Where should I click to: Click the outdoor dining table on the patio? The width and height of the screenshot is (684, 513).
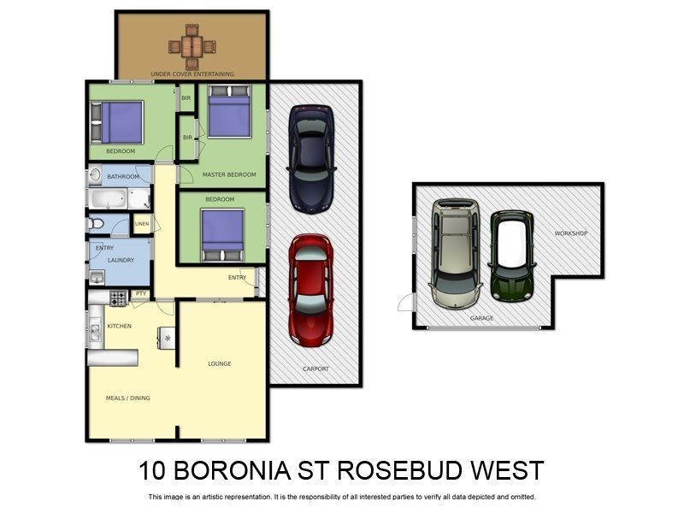click(192, 46)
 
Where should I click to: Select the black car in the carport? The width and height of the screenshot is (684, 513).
click(310, 158)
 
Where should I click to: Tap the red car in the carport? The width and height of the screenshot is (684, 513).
click(310, 289)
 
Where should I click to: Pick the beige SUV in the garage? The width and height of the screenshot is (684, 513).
click(455, 253)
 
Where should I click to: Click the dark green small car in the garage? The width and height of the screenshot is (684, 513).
click(511, 256)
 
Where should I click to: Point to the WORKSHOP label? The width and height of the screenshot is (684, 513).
click(570, 233)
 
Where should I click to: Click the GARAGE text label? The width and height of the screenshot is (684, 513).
click(481, 317)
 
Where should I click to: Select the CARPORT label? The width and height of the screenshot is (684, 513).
click(315, 369)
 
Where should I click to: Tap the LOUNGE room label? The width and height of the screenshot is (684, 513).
click(220, 363)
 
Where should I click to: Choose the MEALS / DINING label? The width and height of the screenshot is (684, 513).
click(127, 398)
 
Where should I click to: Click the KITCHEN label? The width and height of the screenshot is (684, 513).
click(119, 326)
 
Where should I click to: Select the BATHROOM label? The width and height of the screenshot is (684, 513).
click(123, 177)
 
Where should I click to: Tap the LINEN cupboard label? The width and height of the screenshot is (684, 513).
click(142, 224)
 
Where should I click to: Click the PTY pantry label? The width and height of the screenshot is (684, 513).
click(141, 294)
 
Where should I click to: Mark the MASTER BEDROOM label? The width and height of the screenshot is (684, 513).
click(229, 174)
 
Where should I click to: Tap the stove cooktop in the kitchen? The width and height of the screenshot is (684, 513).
click(118, 298)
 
